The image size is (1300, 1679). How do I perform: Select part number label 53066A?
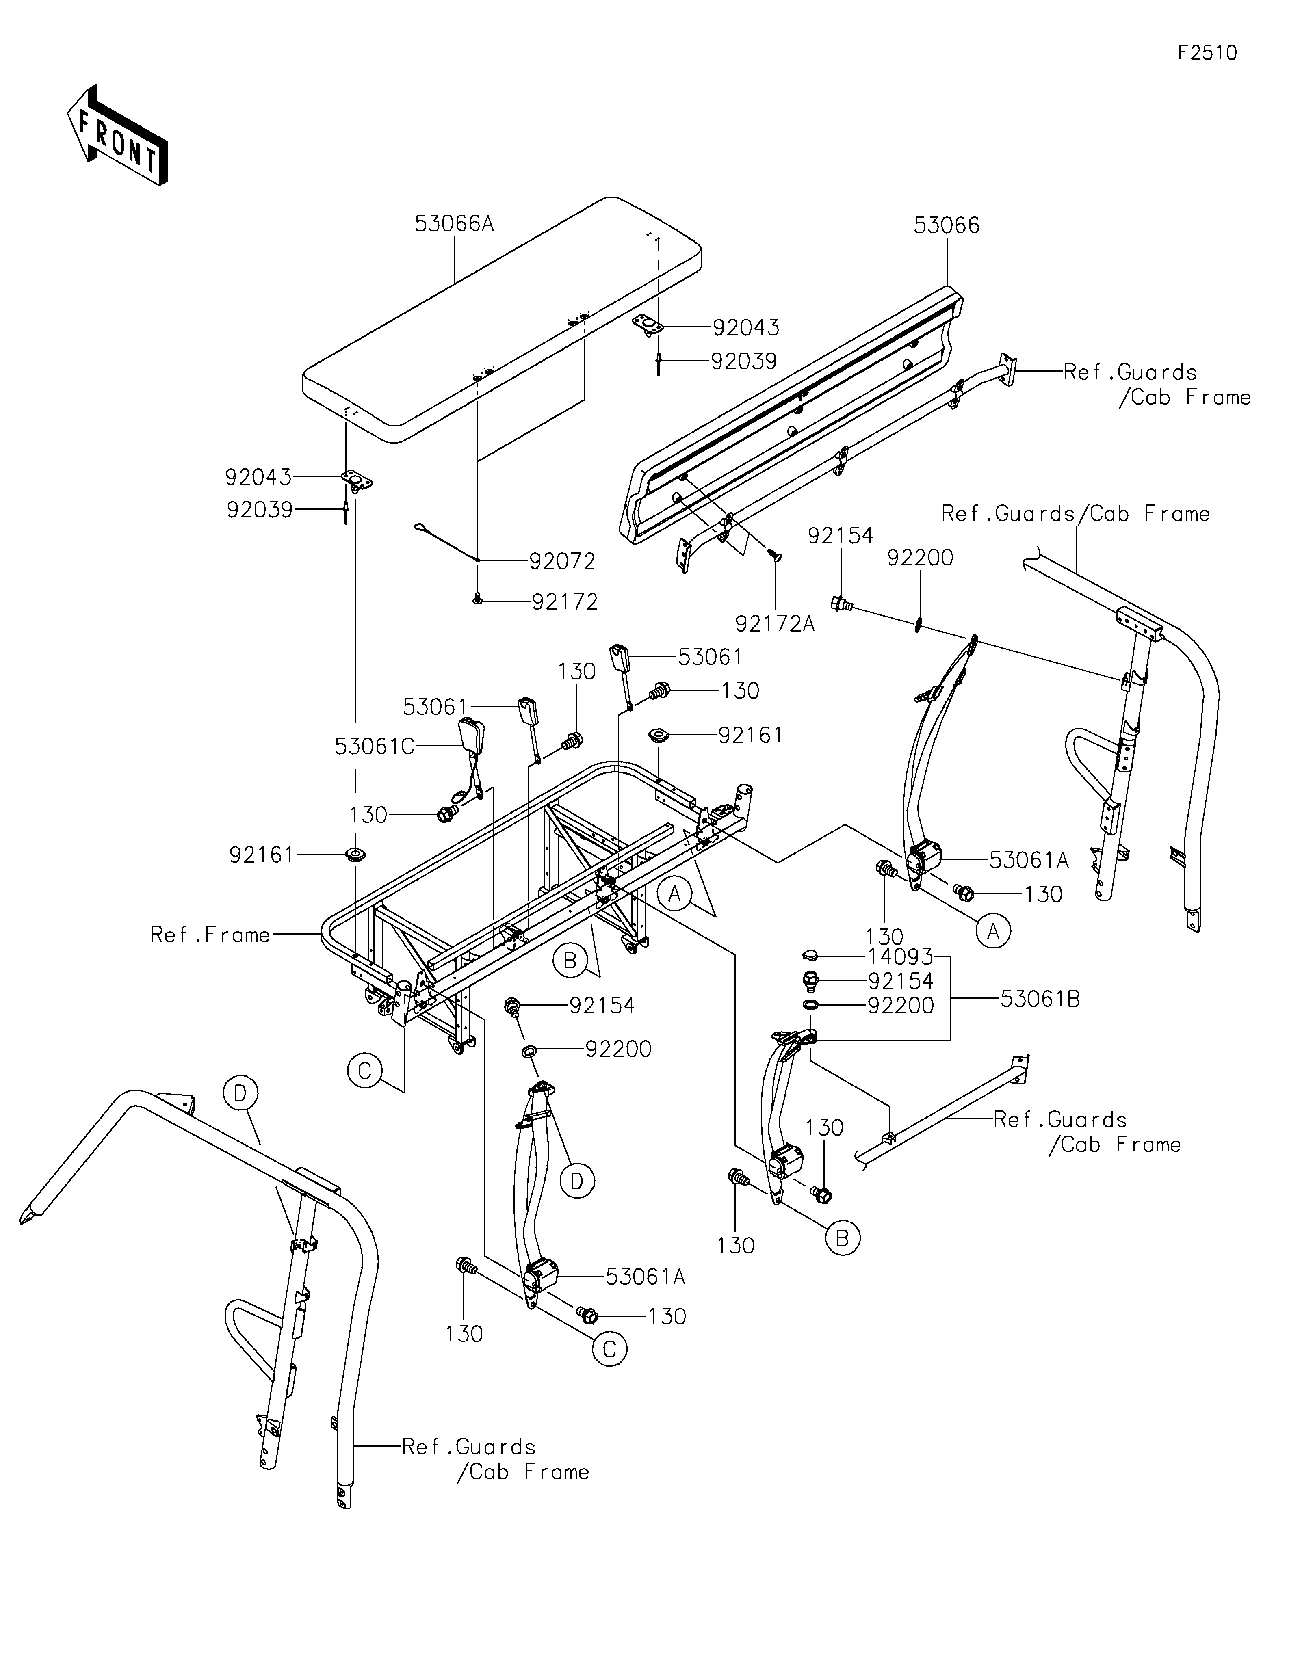tap(453, 224)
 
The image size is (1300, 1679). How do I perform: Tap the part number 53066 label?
tap(947, 225)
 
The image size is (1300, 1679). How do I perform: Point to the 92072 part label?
tap(562, 561)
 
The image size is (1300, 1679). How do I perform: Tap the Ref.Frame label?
tap(210, 935)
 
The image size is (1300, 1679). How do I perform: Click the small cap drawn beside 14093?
tap(808, 956)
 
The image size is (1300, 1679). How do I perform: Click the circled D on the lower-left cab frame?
tap(240, 1093)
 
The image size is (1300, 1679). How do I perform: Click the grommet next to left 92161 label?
tap(355, 854)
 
